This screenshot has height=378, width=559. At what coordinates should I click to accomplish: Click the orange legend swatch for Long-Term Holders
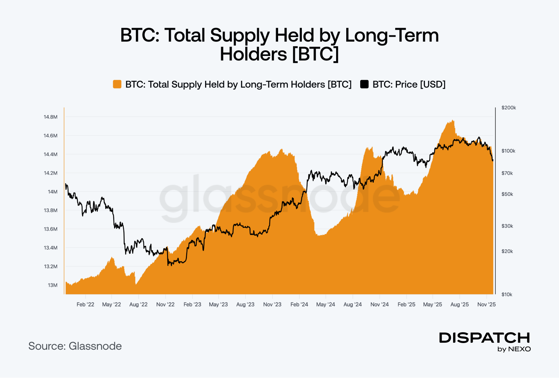coord(117,84)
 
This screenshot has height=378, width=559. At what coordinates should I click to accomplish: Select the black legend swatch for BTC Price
coord(364,84)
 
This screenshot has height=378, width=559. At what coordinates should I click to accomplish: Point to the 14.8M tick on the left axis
coord(51,117)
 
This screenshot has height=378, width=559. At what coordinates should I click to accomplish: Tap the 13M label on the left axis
coord(53,285)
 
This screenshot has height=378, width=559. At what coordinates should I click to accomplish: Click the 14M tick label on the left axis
coord(53,192)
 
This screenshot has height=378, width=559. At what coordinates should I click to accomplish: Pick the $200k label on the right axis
coord(508,108)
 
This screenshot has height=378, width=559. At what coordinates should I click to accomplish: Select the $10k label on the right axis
coord(507,294)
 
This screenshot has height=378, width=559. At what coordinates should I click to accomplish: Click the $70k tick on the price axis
coord(507,173)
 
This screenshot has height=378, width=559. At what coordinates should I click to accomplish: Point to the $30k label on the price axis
coord(507,226)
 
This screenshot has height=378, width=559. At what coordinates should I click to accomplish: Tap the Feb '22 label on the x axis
coord(85,304)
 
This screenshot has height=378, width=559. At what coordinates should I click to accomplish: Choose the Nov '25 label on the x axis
coord(486,304)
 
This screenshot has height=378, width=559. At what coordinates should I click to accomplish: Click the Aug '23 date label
coord(245,304)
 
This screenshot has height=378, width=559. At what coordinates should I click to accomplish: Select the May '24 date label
coord(326,304)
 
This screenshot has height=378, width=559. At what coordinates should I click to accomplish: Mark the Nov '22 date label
coord(165,304)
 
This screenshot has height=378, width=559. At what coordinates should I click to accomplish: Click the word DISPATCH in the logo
coord(485,338)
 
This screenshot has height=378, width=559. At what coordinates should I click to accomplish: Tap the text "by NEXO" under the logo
coord(514,349)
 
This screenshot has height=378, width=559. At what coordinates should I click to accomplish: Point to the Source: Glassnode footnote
coord(75,346)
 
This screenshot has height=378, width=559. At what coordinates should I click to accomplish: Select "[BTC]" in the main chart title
coord(315,54)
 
